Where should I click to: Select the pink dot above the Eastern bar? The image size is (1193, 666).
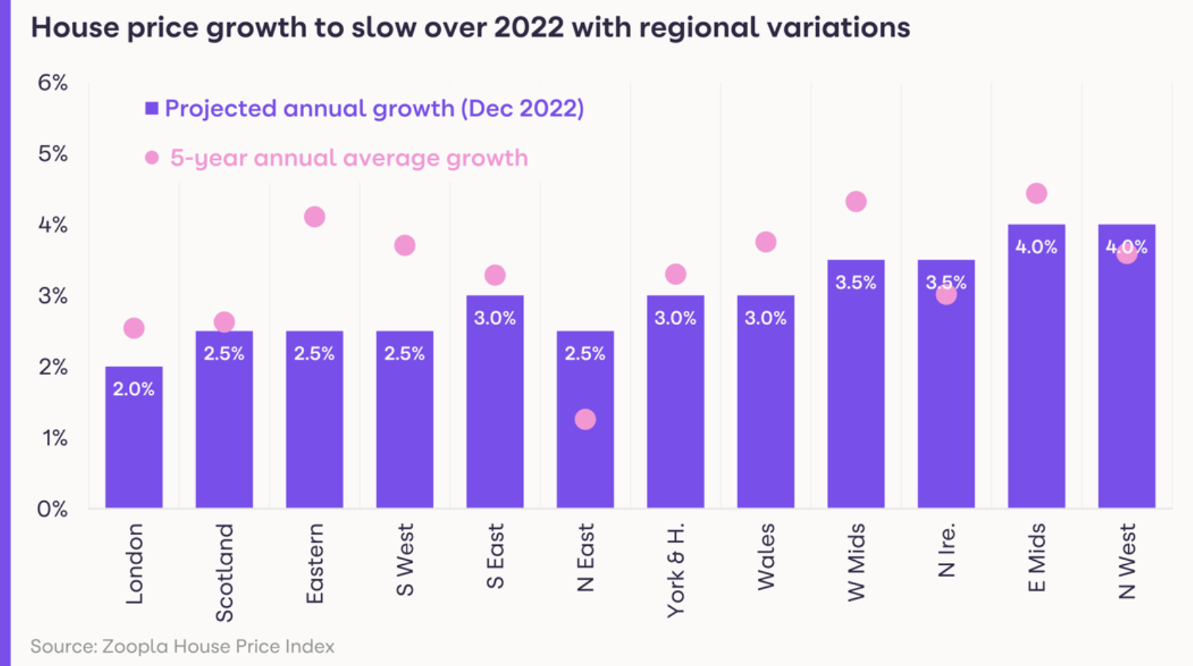[314, 217]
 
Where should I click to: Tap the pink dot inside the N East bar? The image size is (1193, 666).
[585, 419]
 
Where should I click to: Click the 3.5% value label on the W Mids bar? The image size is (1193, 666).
[856, 282]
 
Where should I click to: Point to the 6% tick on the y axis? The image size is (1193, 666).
[52, 83]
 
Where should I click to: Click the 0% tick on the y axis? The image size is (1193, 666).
[52, 509]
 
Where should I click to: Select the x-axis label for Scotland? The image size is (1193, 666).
[224, 572]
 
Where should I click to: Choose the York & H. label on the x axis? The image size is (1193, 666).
[675, 570]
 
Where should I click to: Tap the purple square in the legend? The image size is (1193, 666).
[152, 108]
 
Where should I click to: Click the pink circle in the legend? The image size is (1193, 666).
[152, 158]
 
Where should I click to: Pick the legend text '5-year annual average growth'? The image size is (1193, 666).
[349, 158]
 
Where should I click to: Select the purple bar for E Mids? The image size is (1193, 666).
[1036, 383]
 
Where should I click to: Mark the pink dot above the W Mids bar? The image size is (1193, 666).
[856, 201]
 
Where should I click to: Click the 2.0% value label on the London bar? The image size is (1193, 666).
[134, 389]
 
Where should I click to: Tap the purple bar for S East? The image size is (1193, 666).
[495, 413]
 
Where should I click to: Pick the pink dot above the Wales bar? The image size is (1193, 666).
[766, 242]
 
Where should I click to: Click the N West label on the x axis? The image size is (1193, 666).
[1127, 561]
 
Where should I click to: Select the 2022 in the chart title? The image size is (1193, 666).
[528, 28]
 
